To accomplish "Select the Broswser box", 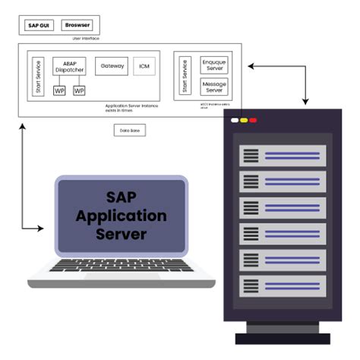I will tap(77, 25).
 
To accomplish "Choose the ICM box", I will tap(144, 67).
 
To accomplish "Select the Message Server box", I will tap(213, 86).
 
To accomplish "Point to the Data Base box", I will tap(130, 130).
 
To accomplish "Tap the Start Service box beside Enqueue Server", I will tap(184, 76).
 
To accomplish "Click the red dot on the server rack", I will tap(253, 121).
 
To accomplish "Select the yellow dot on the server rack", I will tap(244, 121).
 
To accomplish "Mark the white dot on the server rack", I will tap(235, 121).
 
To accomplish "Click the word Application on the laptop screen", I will tap(121, 216).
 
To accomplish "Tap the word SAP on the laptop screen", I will tap(121, 197).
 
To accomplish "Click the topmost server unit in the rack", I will tap(283, 156).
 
